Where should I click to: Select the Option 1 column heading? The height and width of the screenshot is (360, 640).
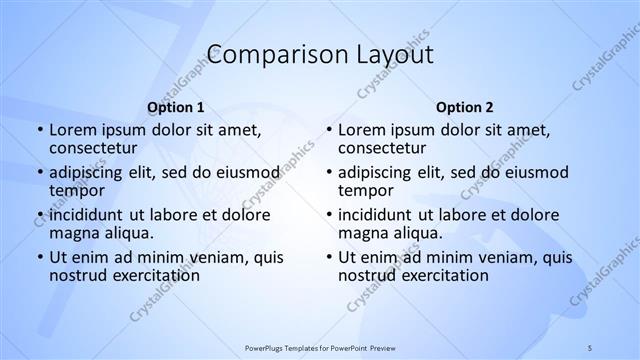click(176, 108)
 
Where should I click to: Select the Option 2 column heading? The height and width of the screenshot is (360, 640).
click(465, 108)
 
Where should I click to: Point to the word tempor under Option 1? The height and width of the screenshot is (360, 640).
click(77, 190)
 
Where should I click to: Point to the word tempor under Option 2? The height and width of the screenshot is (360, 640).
click(366, 190)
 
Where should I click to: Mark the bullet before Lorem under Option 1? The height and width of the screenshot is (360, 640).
click(39, 131)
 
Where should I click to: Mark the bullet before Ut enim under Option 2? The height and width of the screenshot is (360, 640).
click(328, 257)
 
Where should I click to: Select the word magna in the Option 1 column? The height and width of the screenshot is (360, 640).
click(73, 233)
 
